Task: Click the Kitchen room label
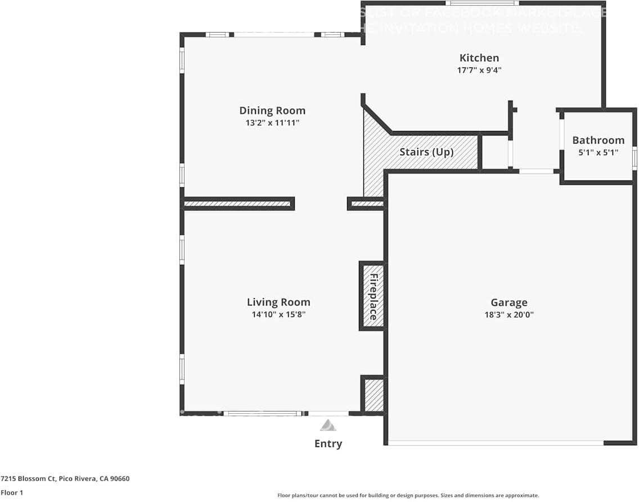pos(479,57)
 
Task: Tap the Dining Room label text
pos(272,110)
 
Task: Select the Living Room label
pos(278,302)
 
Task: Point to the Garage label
pos(508,302)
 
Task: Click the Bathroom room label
pos(598,140)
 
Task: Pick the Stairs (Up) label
pos(426,152)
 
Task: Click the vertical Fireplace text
pos(372,296)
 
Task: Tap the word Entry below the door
pos(328,444)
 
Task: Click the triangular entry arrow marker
pos(328,425)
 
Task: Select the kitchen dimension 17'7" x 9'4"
pos(479,70)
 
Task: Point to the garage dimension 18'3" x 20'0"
pos(508,315)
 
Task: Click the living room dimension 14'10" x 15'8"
pos(278,314)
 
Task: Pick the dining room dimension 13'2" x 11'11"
pos(272,123)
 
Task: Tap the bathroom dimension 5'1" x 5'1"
pos(598,152)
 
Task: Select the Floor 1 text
pos(12,492)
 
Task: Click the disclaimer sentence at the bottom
pos(408,495)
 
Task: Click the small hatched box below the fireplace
pos(372,395)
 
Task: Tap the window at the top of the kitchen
pos(481,3)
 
